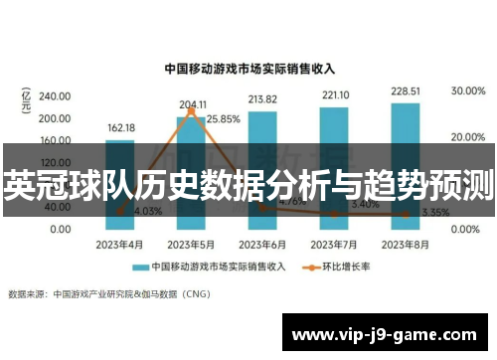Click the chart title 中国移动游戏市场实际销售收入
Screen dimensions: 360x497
coord(248,70)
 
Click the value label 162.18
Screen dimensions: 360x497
coord(120,128)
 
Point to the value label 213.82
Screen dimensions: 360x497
coord(262,99)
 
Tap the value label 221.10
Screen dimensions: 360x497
coord(334,95)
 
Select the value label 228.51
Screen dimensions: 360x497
coord(405,91)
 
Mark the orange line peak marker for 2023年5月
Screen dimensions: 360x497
coord(192,111)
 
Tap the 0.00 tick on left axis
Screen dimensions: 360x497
coord(59,230)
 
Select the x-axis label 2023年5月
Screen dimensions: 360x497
coord(191,244)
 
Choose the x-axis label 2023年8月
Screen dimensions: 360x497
coord(405,244)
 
